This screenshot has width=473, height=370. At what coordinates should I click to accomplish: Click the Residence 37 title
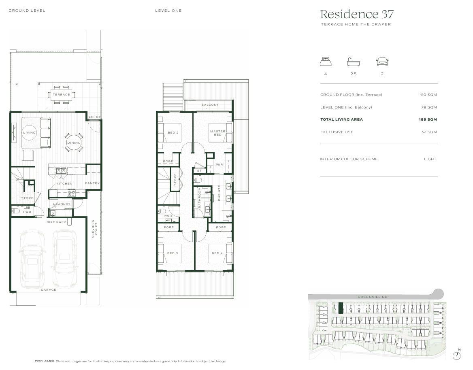pyautogui.click(x=356, y=14)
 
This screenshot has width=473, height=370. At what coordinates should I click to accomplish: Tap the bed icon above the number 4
pyautogui.click(x=326, y=62)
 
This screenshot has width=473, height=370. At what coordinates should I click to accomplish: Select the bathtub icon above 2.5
pyautogui.click(x=354, y=62)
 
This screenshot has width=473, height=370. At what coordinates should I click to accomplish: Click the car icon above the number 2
pyautogui.click(x=382, y=62)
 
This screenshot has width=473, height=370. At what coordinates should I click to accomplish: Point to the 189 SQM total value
pyautogui.click(x=428, y=119)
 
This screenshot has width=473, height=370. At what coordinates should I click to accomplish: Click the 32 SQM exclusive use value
pyautogui.click(x=429, y=132)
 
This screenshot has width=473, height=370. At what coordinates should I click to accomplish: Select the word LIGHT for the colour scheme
pyautogui.click(x=430, y=159)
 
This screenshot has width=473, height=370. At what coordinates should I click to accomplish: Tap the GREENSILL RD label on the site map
pyautogui.click(x=373, y=297)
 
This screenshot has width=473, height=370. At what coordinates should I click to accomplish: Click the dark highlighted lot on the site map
pyautogui.click(x=341, y=308)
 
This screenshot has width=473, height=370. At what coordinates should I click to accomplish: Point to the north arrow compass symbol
pyautogui.click(x=457, y=355)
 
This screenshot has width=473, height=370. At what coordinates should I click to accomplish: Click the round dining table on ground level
pyautogui.click(x=74, y=142)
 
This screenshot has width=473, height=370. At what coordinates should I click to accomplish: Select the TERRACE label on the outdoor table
pyautogui.click(x=61, y=95)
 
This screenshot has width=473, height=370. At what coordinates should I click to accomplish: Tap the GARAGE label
pyautogui.click(x=49, y=290)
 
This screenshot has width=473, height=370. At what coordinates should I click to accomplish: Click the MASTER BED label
pyautogui.click(x=218, y=133)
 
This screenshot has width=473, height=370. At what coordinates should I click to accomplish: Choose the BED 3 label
pyautogui.click(x=173, y=253)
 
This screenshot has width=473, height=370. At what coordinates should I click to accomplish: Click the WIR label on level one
pyautogui.click(x=219, y=165)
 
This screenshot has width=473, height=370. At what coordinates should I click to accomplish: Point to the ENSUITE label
pyautogui.click(x=219, y=193)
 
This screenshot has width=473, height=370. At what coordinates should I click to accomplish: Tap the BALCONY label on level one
pyautogui.click(x=210, y=105)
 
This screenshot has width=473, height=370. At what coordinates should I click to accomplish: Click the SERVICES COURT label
pyautogui.click(x=94, y=229)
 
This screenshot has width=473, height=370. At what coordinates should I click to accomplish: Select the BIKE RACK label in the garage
pyautogui.click(x=56, y=222)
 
